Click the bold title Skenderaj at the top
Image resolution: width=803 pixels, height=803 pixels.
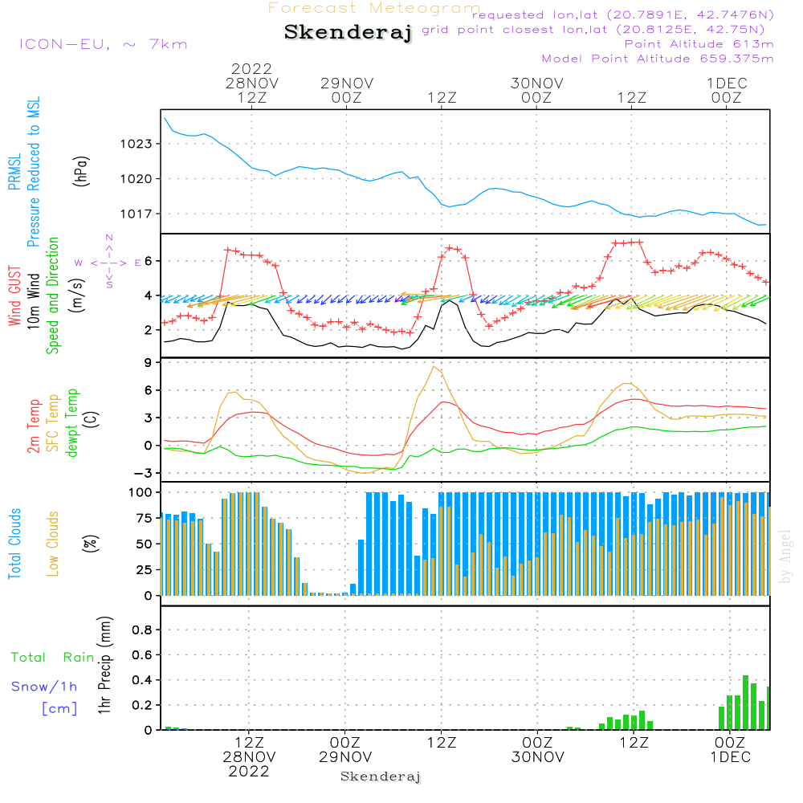(x=348, y=33)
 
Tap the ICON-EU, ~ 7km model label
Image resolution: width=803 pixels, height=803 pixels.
(x=104, y=44)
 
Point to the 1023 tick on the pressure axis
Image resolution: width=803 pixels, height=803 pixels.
(x=137, y=144)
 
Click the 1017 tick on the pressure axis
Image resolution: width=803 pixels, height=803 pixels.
(x=137, y=214)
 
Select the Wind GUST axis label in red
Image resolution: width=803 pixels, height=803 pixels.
(x=14, y=296)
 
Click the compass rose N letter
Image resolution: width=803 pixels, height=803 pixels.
(x=109, y=238)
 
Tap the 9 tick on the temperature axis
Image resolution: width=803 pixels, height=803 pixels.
(x=148, y=363)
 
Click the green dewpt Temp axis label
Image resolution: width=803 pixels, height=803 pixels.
(x=72, y=422)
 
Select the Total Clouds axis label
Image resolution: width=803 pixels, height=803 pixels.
(x=14, y=544)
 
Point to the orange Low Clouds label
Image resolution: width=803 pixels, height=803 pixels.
(x=53, y=544)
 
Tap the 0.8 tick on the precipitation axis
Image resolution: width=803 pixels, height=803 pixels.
(x=142, y=630)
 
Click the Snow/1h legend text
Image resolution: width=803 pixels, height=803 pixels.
(x=44, y=687)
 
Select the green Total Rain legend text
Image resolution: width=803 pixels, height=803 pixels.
(x=53, y=658)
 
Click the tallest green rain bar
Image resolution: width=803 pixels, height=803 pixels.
(x=746, y=703)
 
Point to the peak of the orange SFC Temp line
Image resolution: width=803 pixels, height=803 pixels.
(x=434, y=366)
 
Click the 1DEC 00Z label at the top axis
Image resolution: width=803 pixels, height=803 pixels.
(x=727, y=91)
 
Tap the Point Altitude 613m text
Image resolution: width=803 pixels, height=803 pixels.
(x=699, y=44)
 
